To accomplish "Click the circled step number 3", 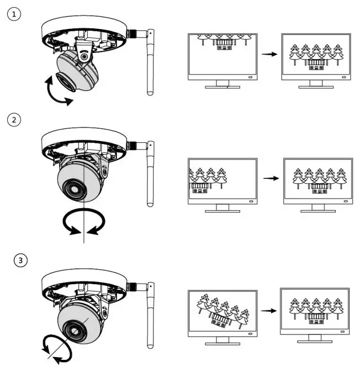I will point(20,260).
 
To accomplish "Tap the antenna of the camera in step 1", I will point(150,63).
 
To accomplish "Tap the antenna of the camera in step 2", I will point(150,177).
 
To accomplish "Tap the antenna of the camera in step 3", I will point(150,317).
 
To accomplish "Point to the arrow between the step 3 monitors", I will point(269,310).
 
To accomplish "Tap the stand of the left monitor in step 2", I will point(223,208).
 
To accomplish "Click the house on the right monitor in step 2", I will point(318,188).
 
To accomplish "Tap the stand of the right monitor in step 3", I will point(314,338).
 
